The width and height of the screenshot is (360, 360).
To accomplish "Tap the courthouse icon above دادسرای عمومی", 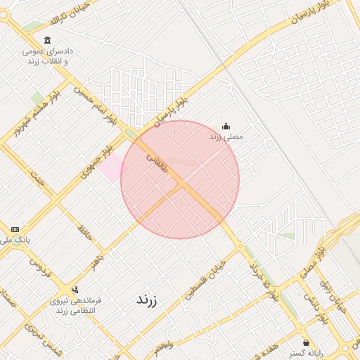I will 47,39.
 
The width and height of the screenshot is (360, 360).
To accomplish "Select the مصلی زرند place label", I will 226,136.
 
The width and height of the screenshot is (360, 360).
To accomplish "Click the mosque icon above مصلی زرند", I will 226,126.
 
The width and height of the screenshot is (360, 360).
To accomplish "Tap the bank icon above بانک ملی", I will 15,229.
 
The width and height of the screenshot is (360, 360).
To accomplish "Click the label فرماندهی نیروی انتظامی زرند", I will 75,305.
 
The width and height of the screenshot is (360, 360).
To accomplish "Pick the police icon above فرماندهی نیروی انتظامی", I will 75,289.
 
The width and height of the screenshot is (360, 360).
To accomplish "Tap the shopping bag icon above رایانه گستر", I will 306,342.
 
